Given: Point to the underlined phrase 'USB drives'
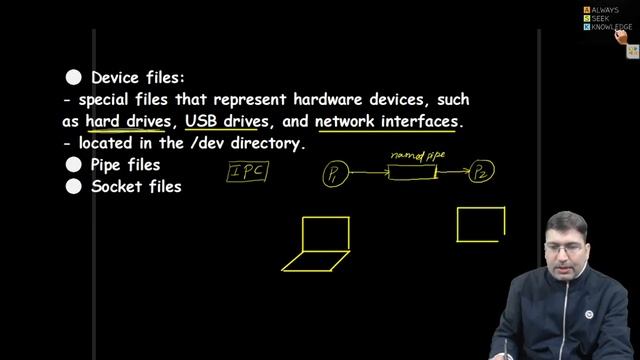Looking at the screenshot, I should [x=227, y=121].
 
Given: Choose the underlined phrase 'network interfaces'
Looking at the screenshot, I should [x=387, y=121].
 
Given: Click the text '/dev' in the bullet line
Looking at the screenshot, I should [x=199, y=143].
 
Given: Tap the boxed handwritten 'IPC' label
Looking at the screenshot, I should [x=246, y=172].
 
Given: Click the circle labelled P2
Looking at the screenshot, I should [x=483, y=173].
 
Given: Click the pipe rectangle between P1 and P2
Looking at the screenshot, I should [x=412, y=174].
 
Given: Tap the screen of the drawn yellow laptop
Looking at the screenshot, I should [x=326, y=233].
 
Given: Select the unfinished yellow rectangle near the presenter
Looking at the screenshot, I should [x=480, y=224].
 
